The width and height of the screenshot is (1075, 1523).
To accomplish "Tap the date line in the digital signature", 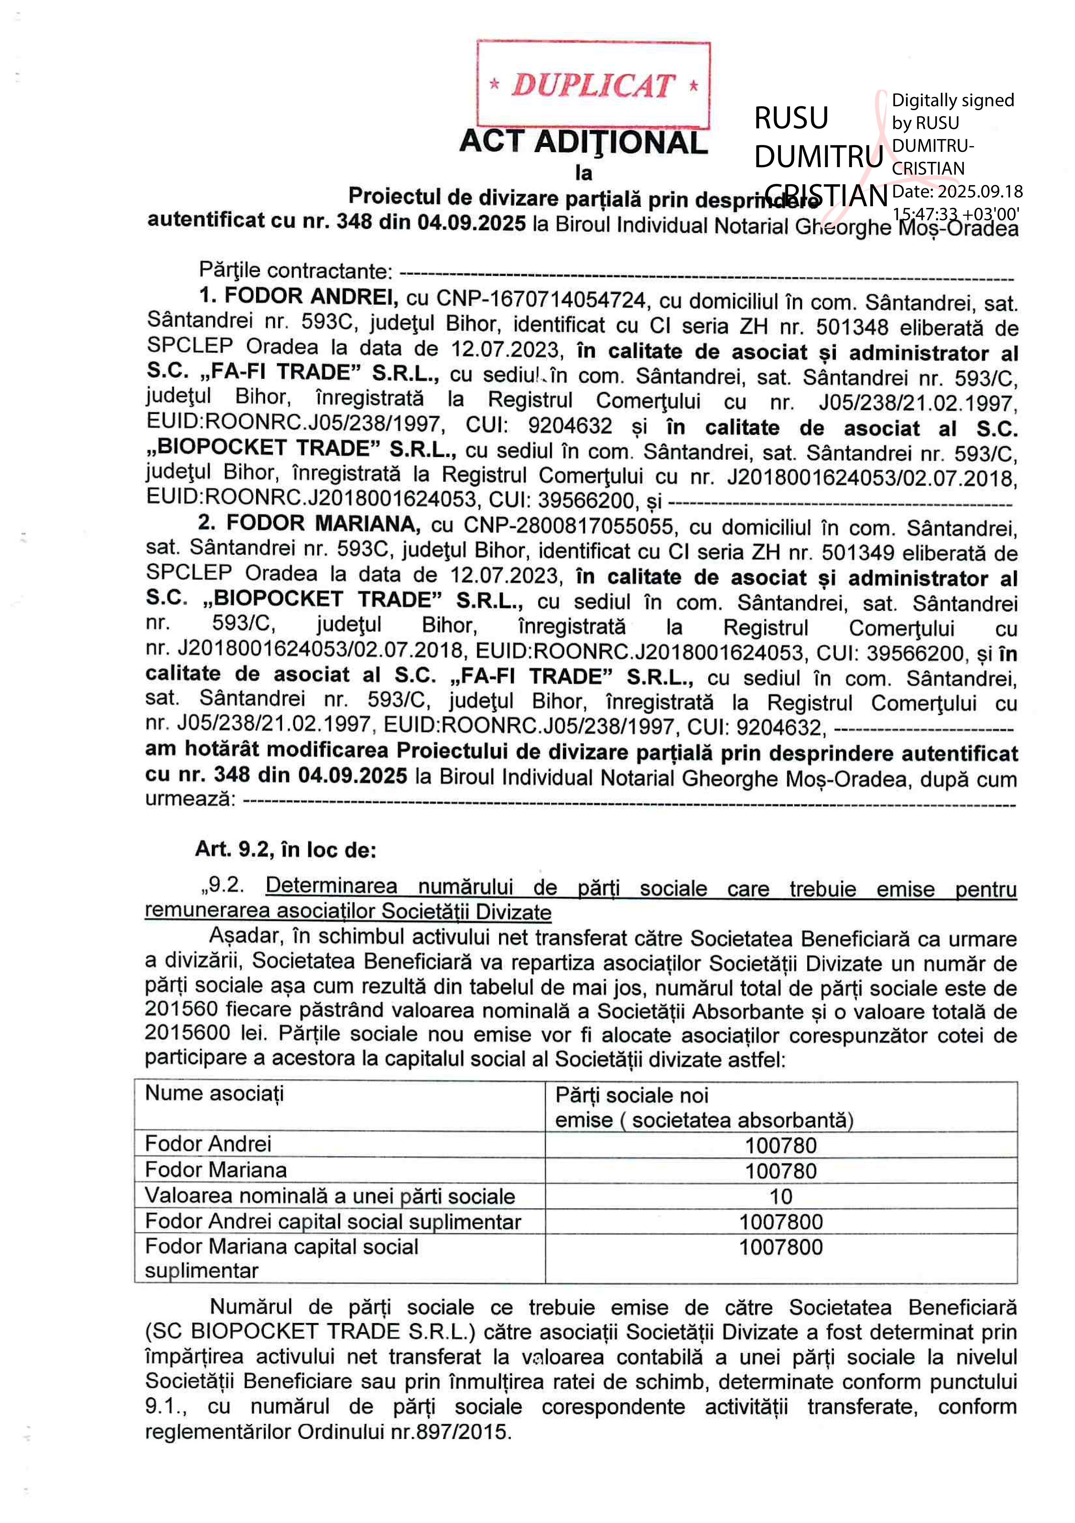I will [957, 192].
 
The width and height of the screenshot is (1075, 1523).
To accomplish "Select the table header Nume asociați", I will [214, 1094].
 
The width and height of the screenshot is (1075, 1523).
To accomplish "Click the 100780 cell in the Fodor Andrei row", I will [781, 1145].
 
